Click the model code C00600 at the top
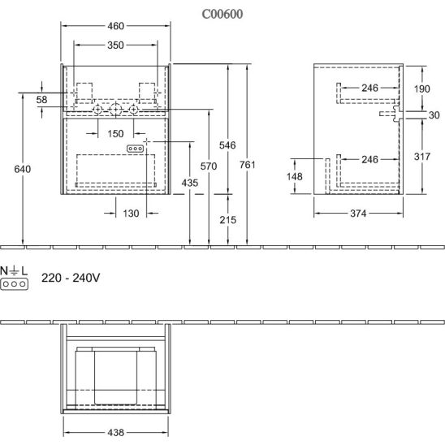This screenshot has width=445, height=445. tap(222, 14)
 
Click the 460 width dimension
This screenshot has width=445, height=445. tap(116, 26)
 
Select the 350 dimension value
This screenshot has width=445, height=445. tap(115, 45)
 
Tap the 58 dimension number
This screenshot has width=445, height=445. tap(41, 100)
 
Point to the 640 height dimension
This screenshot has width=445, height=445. tap(23, 169)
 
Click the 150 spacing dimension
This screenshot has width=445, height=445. tap(115, 134)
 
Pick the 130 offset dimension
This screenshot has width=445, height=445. tap(131, 214)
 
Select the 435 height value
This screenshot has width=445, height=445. tap(190, 183)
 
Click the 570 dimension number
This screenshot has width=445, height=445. tap(209, 166)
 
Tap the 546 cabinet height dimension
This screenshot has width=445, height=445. tap(227, 145)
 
